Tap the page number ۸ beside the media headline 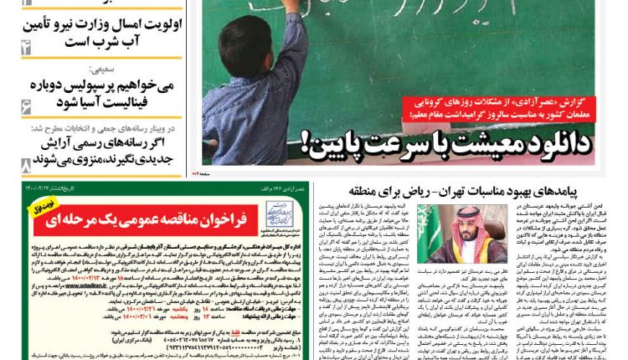tap(26, 164)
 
